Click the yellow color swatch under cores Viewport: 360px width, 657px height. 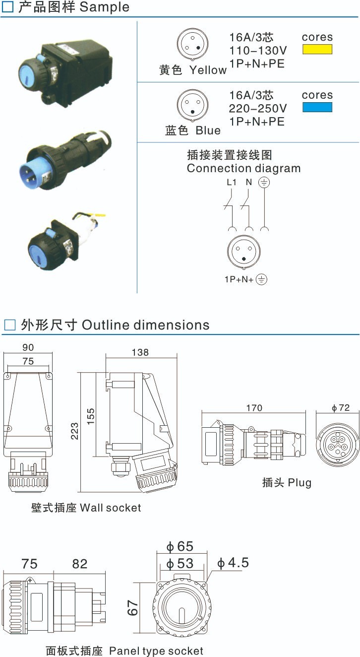point(317,49)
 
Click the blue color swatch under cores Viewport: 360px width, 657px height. point(317,107)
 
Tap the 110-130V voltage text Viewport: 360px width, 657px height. point(258,50)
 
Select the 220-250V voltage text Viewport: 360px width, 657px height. point(258,108)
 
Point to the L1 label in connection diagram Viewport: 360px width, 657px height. point(232,182)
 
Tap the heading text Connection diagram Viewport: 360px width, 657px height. point(243,168)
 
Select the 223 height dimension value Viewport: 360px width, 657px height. point(74,432)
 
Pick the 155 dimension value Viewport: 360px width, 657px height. point(89,414)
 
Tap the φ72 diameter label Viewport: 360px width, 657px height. point(341,407)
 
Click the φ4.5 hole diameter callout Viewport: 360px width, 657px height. point(233,563)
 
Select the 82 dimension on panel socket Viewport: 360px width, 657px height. point(79,564)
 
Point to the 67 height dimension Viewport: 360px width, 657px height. point(132,608)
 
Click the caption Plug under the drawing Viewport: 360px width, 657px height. point(287,482)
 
